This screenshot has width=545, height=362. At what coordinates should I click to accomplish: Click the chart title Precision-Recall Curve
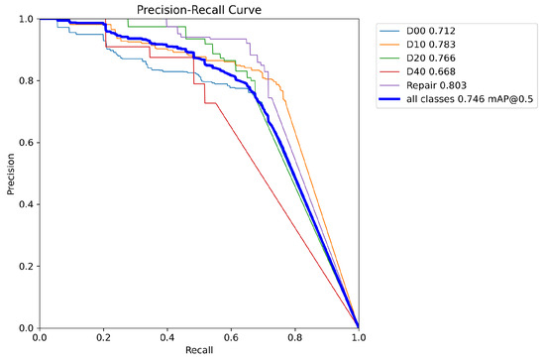[198, 9]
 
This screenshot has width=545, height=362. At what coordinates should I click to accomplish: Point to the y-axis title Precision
[9, 174]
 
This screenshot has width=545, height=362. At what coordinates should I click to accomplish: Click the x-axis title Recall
[198, 353]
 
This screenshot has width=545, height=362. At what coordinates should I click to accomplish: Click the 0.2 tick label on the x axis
[103, 338]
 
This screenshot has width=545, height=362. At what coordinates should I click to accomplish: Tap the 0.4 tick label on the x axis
[166, 338]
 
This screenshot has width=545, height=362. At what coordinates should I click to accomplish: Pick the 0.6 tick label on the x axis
[231, 338]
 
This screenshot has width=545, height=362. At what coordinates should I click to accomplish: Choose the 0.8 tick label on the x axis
[294, 338]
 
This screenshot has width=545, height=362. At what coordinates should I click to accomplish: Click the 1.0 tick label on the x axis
[358, 338]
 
